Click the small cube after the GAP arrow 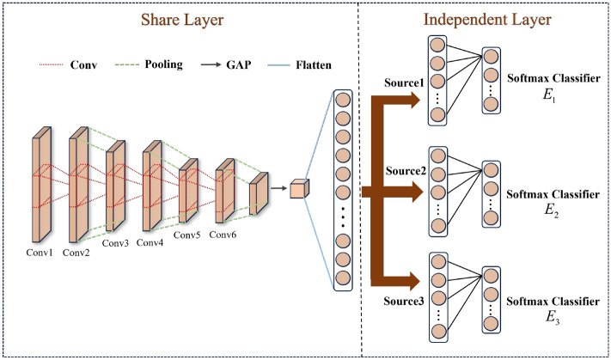[x=297, y=187]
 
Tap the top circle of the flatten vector [x=341, y=97]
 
